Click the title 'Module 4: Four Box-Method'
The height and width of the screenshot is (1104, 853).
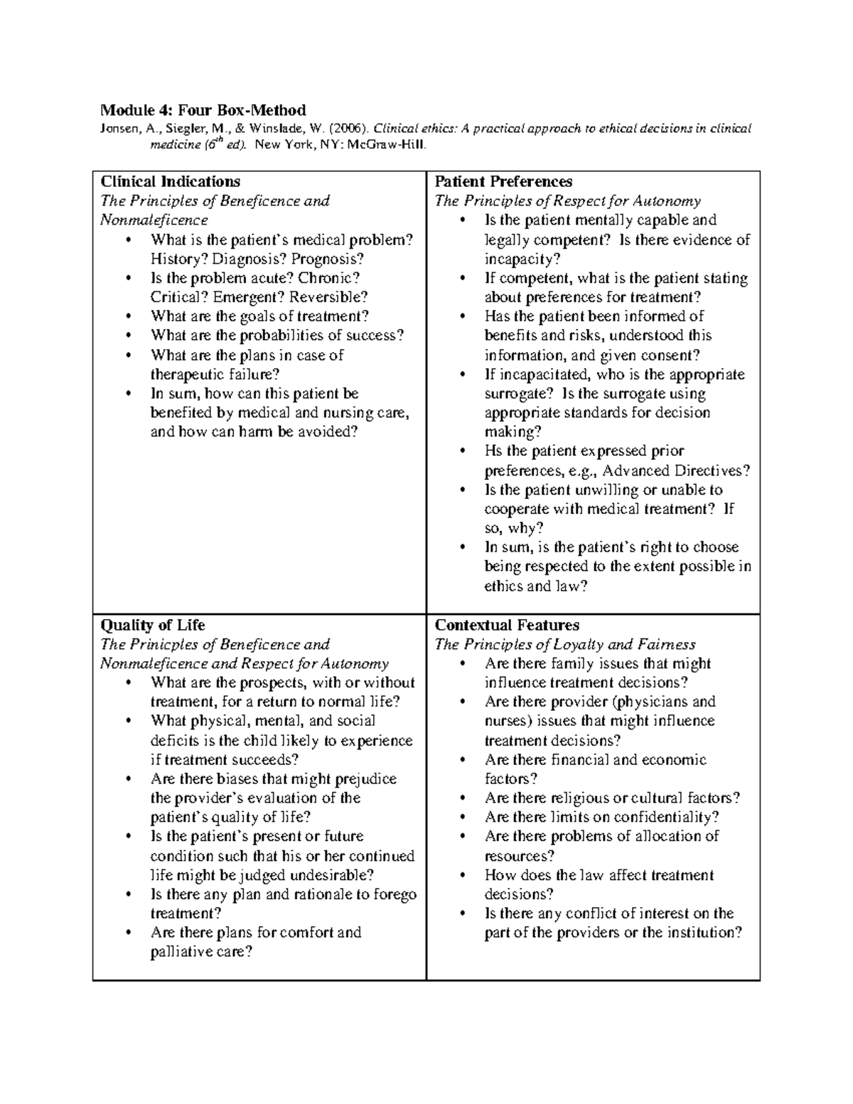coord(203,110)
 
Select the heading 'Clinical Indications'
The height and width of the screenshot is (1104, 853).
coord(170,181)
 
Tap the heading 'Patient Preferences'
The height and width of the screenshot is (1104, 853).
coord(503,181)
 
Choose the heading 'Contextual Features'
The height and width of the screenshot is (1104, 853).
coord(507,626)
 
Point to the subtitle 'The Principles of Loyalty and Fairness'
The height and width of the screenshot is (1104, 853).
coord(565,645)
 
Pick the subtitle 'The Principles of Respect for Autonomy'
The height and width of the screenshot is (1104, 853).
coord(567,201)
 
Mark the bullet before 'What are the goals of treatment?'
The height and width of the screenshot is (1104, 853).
coord(128,317)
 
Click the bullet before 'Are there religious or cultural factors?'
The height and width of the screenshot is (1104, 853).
coord(462,798)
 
